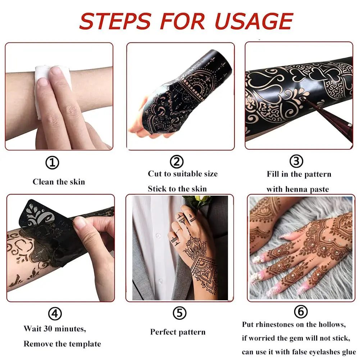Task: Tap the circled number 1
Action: pyautogui.click(x=52, y=163)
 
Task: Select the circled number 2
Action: pyautogui.click(x=177, y=162)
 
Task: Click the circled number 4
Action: pyautogui.click(x=55, y=314)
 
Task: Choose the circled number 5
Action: pyautogui.click(x=179, y=313)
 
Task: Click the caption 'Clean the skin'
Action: pyautogui.click(x=59, y=182)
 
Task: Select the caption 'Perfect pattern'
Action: pyautogui.click(x=178, y=332)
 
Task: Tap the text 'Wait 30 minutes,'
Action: pyautogui.click(x=55, y=328)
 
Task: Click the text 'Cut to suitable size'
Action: pyautogui.click(x=183, y=174)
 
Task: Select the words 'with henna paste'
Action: pyautogui.click(x=297, y=189)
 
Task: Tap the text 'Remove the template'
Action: pyautogui.click(x=62, y=344)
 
